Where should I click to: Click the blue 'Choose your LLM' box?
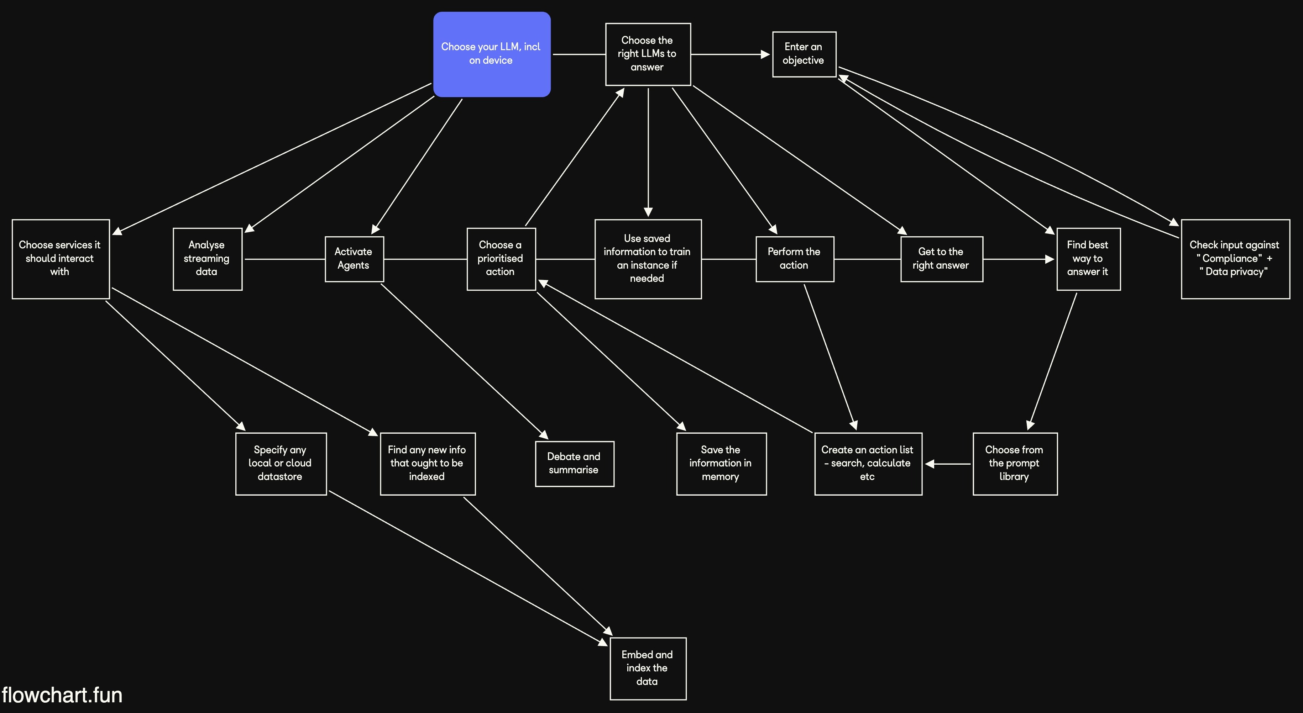[x=491, y=54]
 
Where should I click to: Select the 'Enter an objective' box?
[x=804, y=54]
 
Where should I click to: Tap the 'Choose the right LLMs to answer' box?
[x=648, y=54]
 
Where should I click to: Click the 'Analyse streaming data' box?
[x=207, y=259]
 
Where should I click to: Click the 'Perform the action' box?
[x=794, y=259]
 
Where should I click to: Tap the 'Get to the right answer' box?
[x=941, y=259]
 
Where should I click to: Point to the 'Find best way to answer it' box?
[x=1088, y=259]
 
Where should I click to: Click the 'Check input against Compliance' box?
[x=1235, y=259]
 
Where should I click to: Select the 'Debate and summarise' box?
[x=574, y=464]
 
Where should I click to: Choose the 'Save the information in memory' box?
[x=721, y=464]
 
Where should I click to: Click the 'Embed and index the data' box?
[x=648, y=669]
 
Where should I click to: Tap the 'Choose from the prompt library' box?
[x=1015, y=464]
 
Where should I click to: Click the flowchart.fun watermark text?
[x=62, y=695]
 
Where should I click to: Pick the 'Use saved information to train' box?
[x=648, y=259]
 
